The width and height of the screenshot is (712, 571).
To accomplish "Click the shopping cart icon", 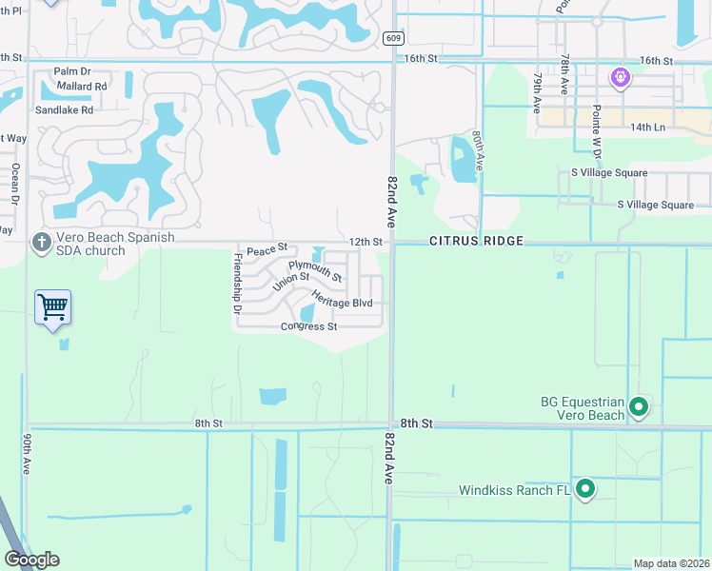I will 53,306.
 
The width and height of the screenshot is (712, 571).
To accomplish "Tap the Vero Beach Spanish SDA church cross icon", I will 41,243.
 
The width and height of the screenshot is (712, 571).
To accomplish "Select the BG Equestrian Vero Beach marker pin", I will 639,408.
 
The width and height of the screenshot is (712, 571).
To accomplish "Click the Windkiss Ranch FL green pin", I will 584,489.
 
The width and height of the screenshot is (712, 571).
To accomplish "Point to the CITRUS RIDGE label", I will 476,242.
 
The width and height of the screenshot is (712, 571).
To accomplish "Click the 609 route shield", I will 393,38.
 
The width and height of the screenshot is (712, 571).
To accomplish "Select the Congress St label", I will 308,326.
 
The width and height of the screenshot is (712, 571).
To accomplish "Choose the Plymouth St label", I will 315,271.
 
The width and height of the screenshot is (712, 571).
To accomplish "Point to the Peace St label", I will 267,249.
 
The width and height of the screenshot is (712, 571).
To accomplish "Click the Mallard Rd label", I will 81,87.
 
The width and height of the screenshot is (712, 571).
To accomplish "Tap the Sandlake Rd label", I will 65,110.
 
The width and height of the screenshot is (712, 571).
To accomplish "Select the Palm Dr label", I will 72,71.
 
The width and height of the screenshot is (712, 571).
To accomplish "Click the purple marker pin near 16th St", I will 621,75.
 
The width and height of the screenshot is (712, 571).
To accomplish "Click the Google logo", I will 31,560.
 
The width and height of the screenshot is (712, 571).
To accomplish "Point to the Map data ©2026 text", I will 671,563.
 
